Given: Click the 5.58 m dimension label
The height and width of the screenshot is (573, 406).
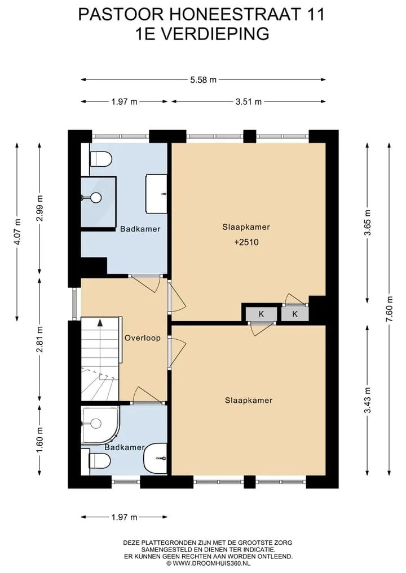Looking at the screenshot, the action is [204, 79].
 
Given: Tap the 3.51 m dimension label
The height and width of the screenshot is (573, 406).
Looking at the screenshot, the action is [249, 101].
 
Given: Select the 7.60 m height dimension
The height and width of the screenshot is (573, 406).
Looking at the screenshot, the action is [390, 309].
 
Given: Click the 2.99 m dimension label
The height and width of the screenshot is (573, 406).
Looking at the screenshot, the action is [40, 208].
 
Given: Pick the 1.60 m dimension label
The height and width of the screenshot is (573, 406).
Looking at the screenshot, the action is [40, 439].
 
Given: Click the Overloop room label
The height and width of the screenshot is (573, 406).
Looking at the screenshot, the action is [143, 337].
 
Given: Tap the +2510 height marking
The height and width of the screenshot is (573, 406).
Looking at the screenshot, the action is [246, 242].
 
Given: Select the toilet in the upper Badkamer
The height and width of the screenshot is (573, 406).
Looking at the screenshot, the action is [100, 159].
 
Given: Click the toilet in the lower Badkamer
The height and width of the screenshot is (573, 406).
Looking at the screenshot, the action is [100, 460].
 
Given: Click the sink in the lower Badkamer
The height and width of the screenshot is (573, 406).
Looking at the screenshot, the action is [156, 458].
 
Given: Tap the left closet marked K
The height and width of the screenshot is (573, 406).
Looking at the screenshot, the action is [261, 314].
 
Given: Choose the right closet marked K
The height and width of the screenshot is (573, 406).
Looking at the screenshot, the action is [295, 314].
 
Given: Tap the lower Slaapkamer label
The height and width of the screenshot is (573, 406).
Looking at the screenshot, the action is [249, 400].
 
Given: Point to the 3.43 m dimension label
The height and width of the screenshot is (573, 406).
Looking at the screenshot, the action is [368, 400].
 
